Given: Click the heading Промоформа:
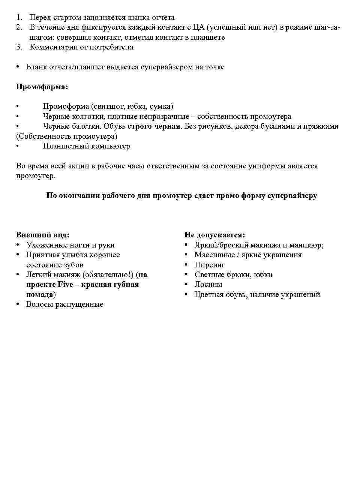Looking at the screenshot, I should [x=42, y=87].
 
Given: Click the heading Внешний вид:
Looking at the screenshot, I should [x=43, y=235].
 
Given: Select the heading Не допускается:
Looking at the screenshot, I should [x=214, y=235].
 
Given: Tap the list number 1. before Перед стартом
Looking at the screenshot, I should [x=19, y=18].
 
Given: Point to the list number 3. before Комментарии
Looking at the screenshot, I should [x=19, y=47].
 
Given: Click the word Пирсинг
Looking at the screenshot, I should [x=210, y=265].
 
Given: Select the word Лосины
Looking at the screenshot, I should [x=208, y=285].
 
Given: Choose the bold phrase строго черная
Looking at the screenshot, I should [x=154, y=126].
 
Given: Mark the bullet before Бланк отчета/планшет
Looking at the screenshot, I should [x=18, y=67].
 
